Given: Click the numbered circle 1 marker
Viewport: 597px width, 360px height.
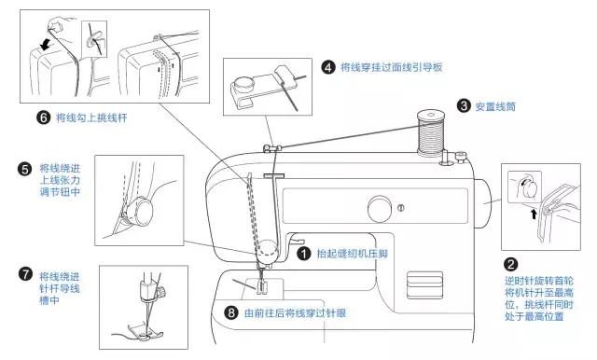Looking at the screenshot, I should click(x=303, y=252).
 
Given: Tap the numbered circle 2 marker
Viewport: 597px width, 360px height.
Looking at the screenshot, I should click(x=511, y=264).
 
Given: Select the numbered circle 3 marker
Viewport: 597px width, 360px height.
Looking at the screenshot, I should click(x=464, y=105).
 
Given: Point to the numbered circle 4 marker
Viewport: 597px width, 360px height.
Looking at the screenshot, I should click(x=328, y=67).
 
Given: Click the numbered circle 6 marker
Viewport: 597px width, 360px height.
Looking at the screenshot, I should click(x=43, y=118).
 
